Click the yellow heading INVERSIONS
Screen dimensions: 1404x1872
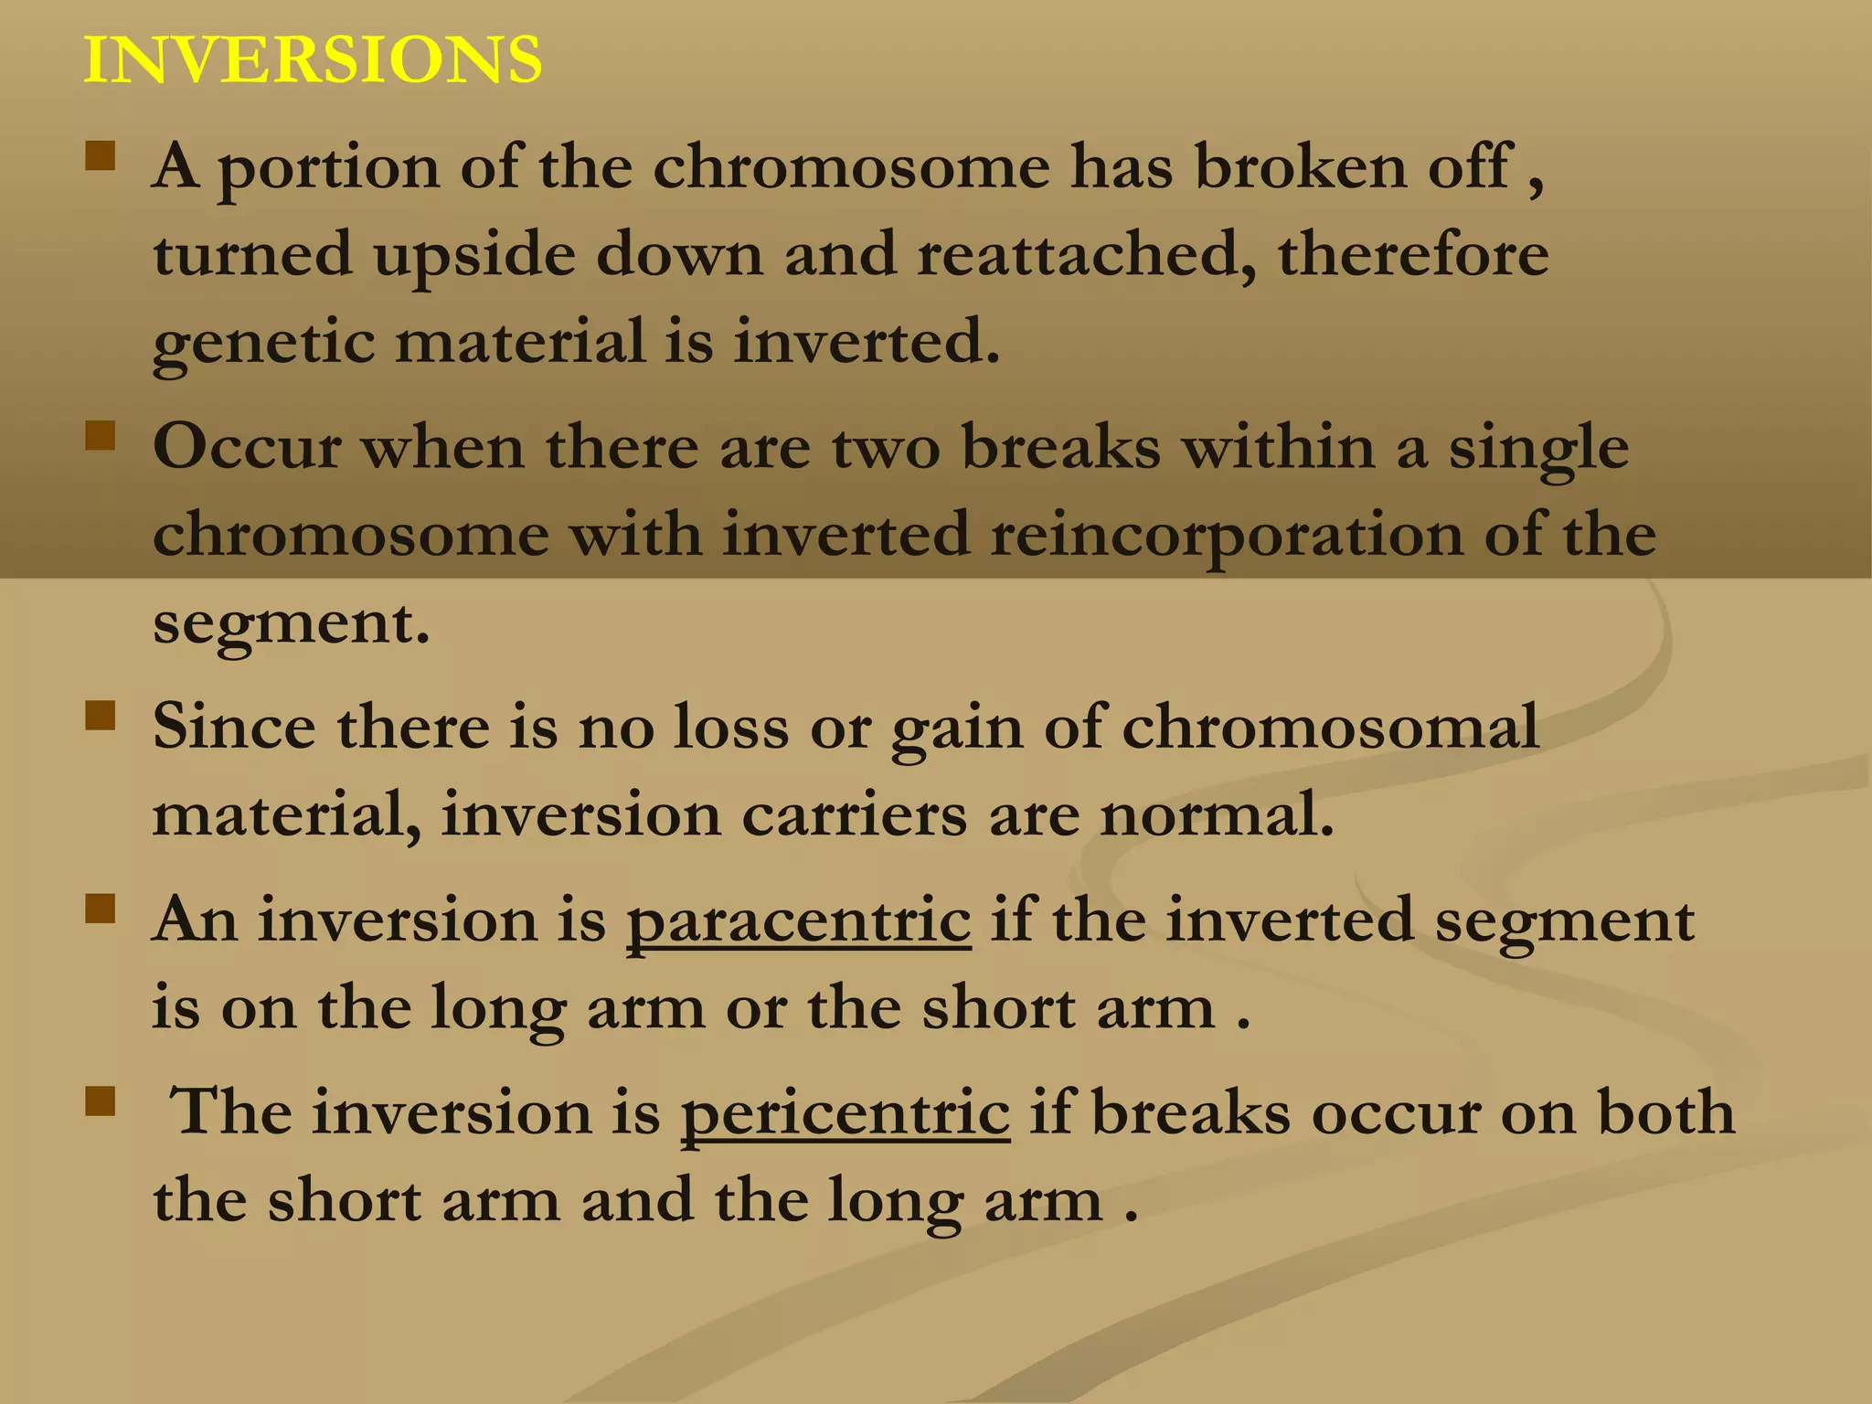click(x=313, y=60)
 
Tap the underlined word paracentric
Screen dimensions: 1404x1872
click(x=798, y=920)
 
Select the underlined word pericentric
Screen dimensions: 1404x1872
click(x=845, y=1113)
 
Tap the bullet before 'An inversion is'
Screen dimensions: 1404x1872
click(x=101, y=909)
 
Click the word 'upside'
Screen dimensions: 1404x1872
click(x=474, y=256)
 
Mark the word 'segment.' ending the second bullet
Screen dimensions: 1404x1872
click(x=291, y=624)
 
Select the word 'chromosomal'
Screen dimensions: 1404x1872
click(x=1330, y=728)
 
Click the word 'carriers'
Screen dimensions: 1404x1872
click(x=854, y=814)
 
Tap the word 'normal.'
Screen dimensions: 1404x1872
click(x=1217, y=814)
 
